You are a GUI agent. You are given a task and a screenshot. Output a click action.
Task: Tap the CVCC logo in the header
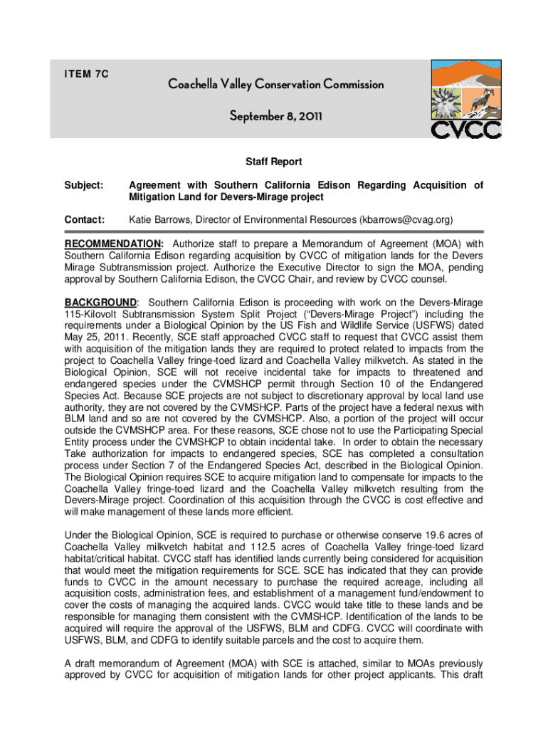point(459,99)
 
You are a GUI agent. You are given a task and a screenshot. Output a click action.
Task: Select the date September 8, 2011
point(275,115)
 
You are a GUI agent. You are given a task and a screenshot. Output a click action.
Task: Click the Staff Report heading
point(274,162)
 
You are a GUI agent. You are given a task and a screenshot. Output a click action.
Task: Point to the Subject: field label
point(85,185)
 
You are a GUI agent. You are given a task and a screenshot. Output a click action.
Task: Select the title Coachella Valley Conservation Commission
point(275,85)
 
